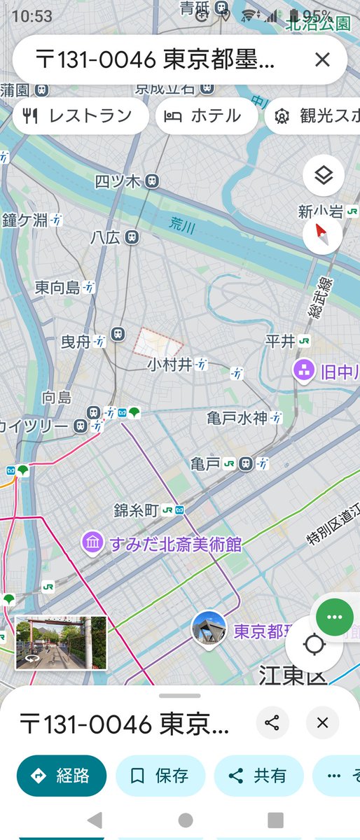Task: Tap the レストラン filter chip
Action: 81,116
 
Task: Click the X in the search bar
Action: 322,60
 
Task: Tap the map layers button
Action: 323,176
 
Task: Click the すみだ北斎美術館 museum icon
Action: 92,542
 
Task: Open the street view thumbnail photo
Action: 61,643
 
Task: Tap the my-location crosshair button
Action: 315,644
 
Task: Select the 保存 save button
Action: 160,776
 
